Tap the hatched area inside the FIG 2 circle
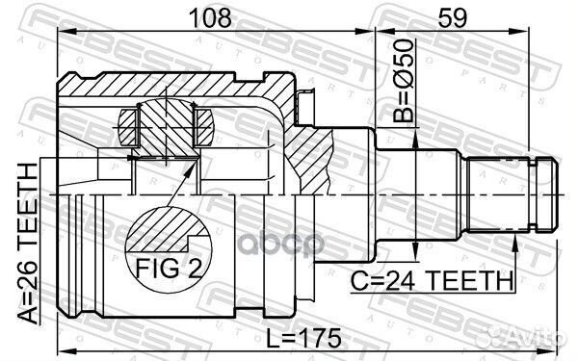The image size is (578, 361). pos(159,231)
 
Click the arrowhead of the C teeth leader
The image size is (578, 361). pos(517,237)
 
